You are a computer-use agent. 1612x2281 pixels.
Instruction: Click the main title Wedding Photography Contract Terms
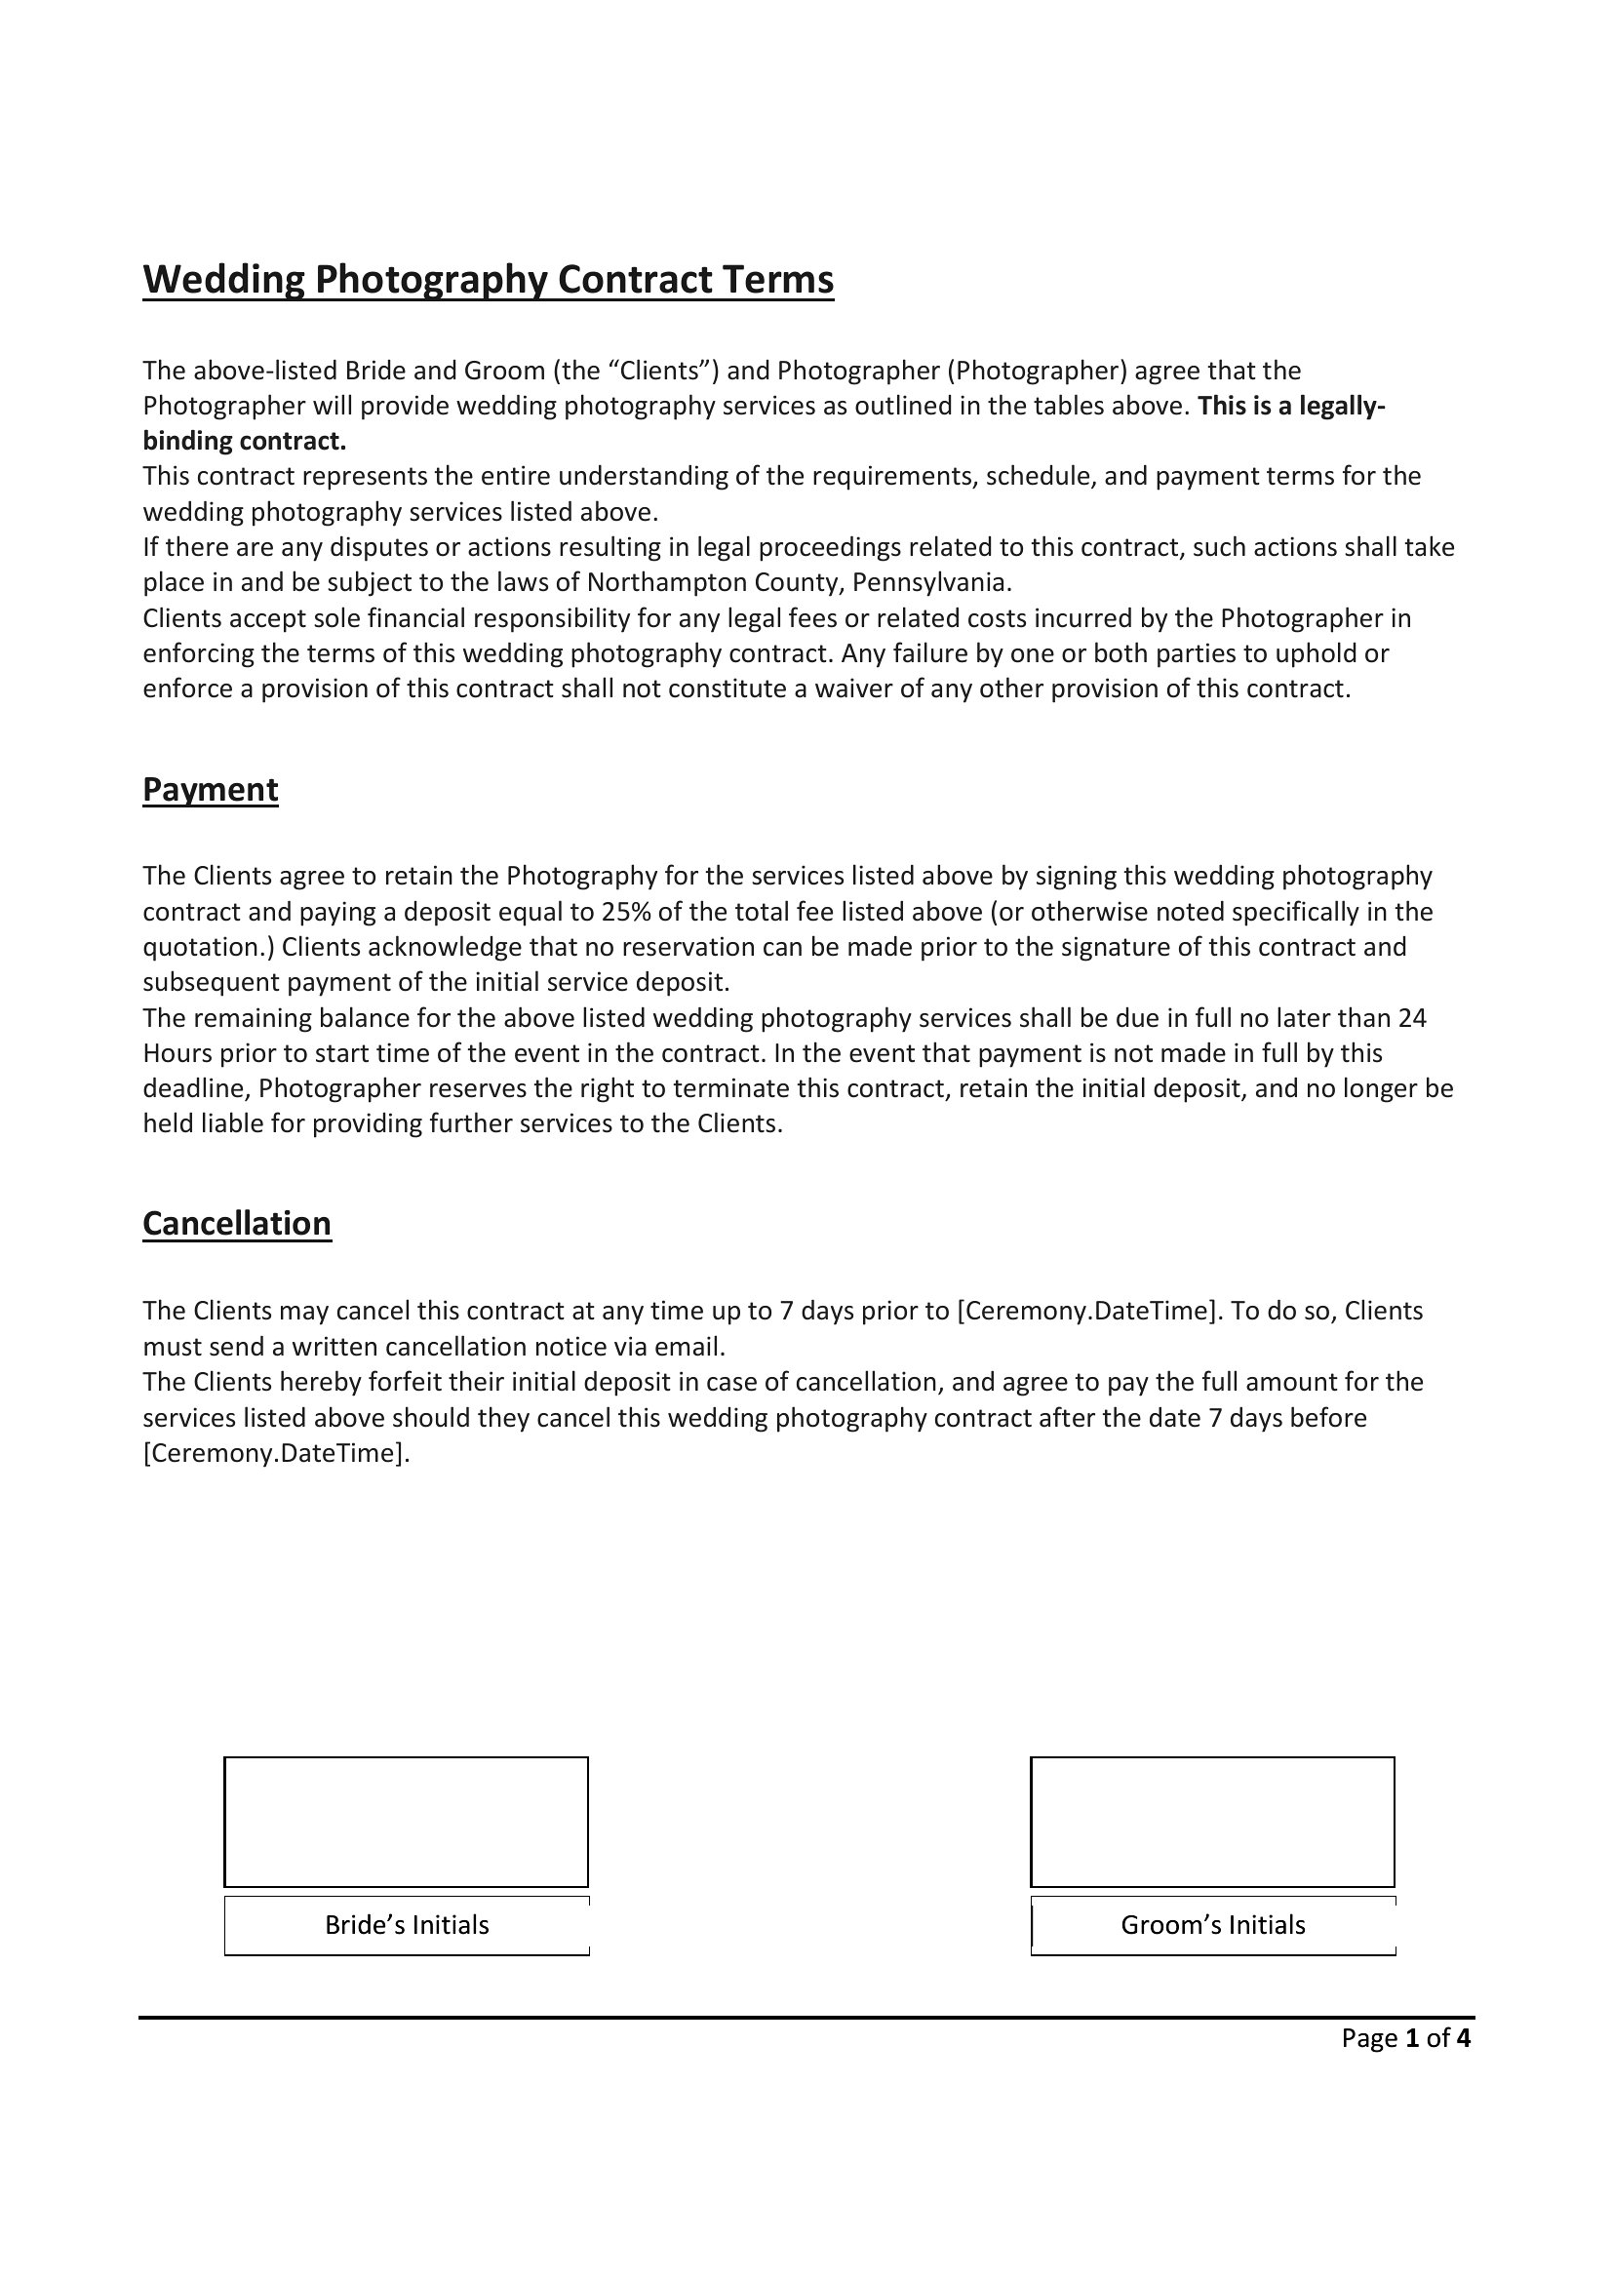(488, 279)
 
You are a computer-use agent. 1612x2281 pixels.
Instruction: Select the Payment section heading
(211, 789)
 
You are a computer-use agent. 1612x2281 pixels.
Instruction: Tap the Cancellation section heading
(236, 1222)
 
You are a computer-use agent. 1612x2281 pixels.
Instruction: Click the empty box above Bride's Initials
(407, 1821)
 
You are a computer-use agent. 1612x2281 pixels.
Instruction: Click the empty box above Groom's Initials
(1212, 1821)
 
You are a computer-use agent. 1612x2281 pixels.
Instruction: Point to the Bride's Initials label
(408, 1924)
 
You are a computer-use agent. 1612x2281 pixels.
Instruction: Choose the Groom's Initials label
(1213, 1924)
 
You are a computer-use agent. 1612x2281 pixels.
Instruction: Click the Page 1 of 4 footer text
(1405, 2038)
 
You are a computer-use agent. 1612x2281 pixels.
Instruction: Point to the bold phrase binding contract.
(245, 441)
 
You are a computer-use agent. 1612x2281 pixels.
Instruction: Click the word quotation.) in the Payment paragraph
(209, 947)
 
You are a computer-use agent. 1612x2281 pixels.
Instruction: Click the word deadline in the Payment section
(196, 1089)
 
